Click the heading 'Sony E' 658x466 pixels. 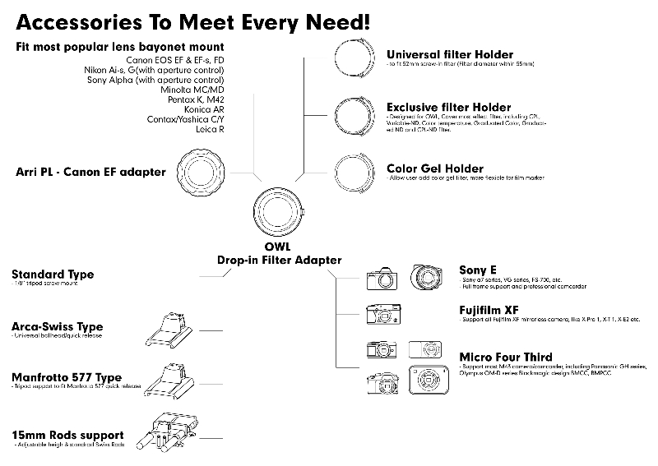coord(478,270)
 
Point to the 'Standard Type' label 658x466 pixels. coord(52,275)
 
